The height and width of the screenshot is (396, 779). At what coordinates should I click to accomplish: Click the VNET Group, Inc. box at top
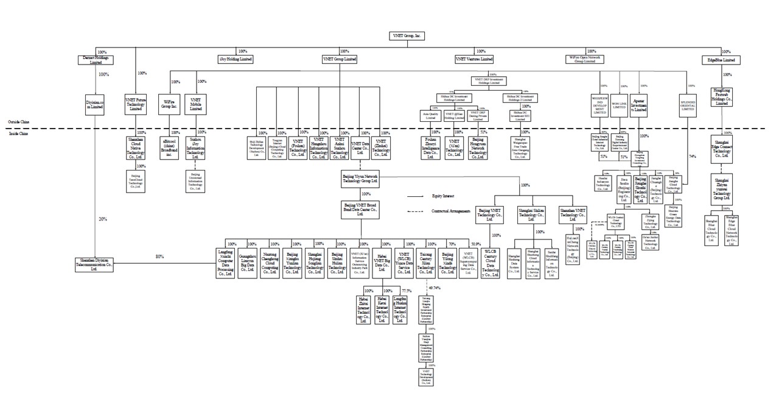pyautogui.click(x=407, y=37)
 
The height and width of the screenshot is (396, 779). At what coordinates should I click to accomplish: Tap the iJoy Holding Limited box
pyautogui.click(x=236, y=59)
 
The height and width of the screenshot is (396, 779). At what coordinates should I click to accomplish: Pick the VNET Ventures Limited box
pyautogui.click(x=474, y=59)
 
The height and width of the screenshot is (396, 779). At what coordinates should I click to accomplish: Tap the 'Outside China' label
pyautogui.click(x=16, y=122)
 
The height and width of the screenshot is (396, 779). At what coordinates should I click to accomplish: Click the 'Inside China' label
pyautogui.click(x=16, y=133)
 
